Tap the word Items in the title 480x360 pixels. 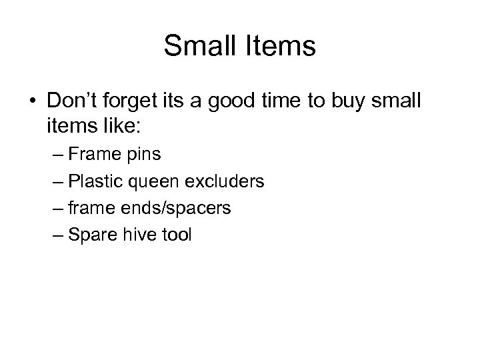click(283, 46)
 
